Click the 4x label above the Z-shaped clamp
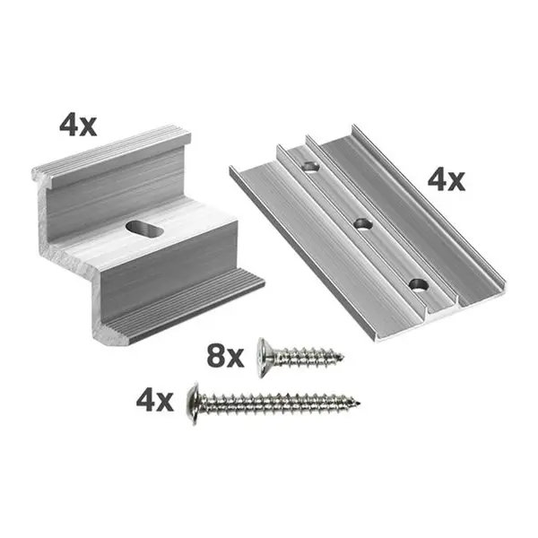[x=77, y=125]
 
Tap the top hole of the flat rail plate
[x=308, y=167]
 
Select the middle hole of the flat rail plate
[x=361, y=223]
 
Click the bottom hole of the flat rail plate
[x=418, y=286]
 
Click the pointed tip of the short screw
[x=341, y=359]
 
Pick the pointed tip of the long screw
[x=362, y=403]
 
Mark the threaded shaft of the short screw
[x=305, y=355]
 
